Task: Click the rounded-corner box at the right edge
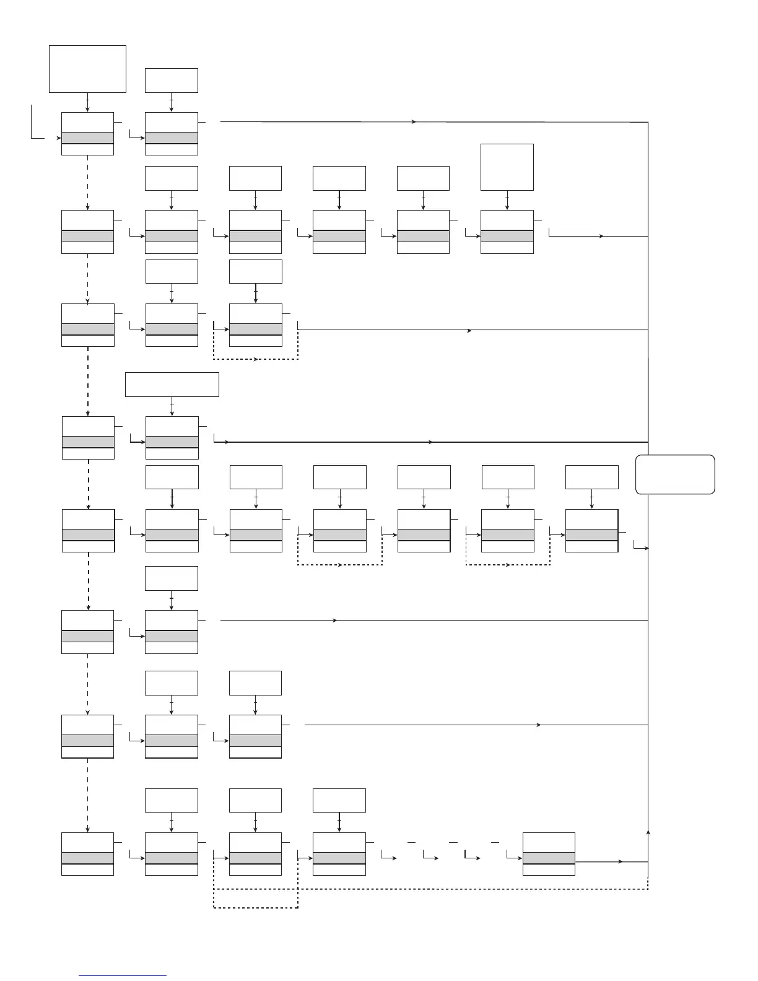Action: [675, 474]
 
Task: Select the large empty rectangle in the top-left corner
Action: [87, 69]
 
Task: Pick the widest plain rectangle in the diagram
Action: [172, 384]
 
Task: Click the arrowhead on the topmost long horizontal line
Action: [414, 122]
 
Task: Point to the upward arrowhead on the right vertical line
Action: [648, 832]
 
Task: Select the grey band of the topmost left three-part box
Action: [87, 137]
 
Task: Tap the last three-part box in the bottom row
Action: [549, 853]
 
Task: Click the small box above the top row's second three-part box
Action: [172, 81]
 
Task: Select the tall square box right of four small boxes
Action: [507, 167]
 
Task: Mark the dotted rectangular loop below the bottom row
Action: [255, 898]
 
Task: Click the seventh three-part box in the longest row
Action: [591, 531]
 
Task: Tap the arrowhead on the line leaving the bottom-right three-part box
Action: [621, 861]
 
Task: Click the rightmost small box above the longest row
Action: [591, 477]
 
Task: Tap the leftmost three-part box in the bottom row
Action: [87, 853]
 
